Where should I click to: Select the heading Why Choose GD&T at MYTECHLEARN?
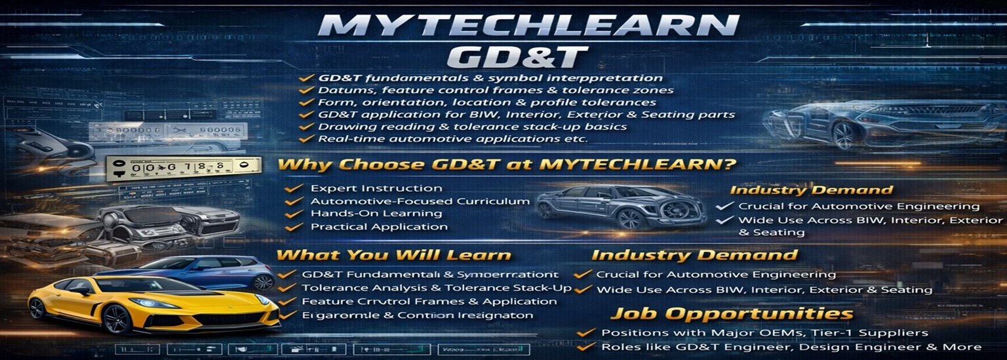click(x=504, y=164)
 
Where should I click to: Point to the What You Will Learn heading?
click(x=393, y=255)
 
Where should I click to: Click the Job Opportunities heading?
click(x=731, y=314)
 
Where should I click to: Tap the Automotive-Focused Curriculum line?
click(x=420, y=201)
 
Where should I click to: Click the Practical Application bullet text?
click(x=379, y=227)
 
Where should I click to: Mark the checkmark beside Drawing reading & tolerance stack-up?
click(x=305, y=127)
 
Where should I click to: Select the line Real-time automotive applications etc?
click(x=452, y=139)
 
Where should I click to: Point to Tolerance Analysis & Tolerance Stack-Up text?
click(x=437, y=288)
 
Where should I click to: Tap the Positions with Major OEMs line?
click(x=764, y=333)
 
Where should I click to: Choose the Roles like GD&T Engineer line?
click(x=791, y=347)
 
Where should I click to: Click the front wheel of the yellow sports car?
click(x=117, y=319)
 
